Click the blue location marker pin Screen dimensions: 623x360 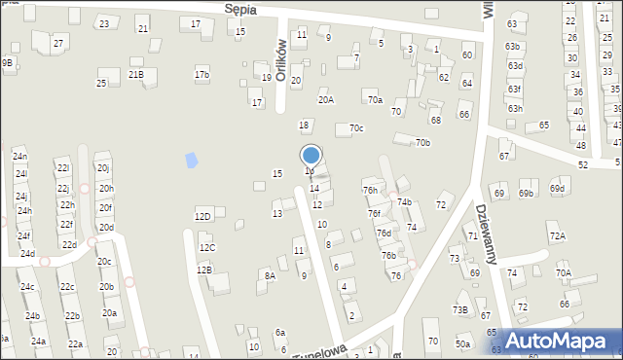pos(311,155)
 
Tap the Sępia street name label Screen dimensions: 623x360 pos(239,8)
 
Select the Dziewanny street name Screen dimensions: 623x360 pos(488,234)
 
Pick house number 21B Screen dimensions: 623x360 pos(136,74)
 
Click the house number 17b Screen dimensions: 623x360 pos(202,74)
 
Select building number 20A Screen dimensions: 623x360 pos(326,99)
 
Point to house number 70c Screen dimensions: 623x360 pos(356,127)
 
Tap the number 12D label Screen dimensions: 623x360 pos(202,216)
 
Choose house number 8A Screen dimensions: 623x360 pos(270,276)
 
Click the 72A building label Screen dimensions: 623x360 pos(557,235)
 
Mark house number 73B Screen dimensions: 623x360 pos(459,309)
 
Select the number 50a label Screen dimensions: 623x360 pos(462,343)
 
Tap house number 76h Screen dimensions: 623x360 pos(370,190)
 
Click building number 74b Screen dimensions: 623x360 pos(405,202)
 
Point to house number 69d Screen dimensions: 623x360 pos(557,188)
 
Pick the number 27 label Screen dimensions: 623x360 pos(58,44)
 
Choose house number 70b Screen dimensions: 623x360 pos(422,143)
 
